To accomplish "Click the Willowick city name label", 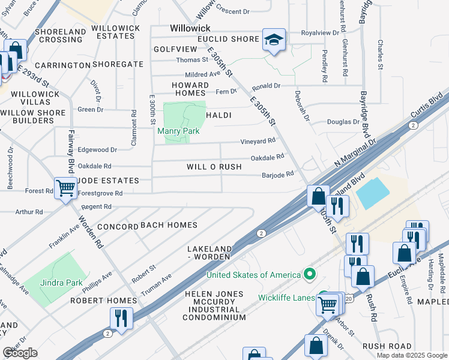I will click(x=190, y=28).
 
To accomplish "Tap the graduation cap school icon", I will click(x=274, y=40).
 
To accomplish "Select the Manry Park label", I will click(x=178, y=131).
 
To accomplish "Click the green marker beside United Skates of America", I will click(x=310, y=275).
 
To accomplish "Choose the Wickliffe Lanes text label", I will click(x=287, y=297).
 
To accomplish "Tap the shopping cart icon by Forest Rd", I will click(x=65, y=188).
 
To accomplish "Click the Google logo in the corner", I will click(x=20, y=353).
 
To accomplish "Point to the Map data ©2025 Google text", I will click(x=411, y=355).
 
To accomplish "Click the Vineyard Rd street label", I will click(x=258, y=141).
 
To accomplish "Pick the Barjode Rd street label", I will click(x=277, y=175).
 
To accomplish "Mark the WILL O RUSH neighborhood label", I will click(x=214, y=167).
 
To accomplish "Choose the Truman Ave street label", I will click(x=156, y=285).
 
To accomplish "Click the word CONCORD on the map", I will click(x=118, y=227).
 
